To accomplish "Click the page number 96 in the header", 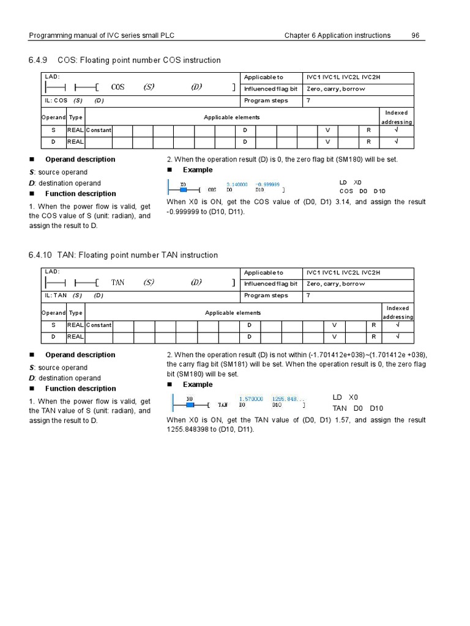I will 415,35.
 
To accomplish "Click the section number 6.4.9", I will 38,60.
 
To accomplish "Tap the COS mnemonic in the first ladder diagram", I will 117,87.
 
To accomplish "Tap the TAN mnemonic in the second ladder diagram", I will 117,282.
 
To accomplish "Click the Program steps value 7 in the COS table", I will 308,100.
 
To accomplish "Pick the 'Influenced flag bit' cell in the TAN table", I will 270,284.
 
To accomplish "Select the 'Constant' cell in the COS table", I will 99,130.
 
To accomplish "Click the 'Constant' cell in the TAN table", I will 99,325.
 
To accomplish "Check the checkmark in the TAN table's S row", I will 397,325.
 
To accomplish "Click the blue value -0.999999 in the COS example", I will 267,184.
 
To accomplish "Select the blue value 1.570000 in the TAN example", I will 251,399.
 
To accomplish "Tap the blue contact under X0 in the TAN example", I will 190,405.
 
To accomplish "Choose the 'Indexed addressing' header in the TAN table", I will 398,312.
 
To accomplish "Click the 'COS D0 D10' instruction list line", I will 362,191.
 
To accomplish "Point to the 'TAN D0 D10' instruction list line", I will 358,408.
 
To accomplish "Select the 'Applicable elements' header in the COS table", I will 231,117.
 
